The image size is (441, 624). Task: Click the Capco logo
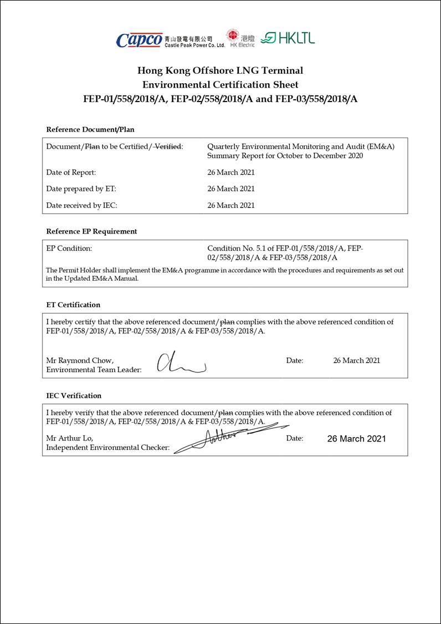[x=139, y=40]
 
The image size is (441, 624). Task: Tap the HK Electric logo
[x=240, y=38]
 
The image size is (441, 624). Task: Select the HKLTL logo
[x=288, y=38]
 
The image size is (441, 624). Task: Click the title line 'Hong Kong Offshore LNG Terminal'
[x=220, y=70]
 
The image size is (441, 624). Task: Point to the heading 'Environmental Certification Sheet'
[x=220, y=85]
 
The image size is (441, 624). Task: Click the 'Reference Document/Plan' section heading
[x=90, y=129]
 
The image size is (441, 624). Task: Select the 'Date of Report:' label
[x=71, y=173]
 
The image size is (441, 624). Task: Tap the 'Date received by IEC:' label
[x=81, y=205]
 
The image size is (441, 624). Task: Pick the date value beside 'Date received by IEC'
[x=231, y=205]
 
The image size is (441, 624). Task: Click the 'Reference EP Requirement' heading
[x=91, y=231]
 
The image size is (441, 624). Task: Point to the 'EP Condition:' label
[x=69, y=248]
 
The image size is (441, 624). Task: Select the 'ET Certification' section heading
[x=73, y=305]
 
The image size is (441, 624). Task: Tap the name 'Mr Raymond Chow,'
[x=80, y=361]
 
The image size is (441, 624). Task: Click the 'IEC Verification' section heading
[x=74, y=395]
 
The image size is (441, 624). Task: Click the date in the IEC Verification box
[x=356, y=439]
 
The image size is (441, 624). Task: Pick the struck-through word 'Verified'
[x=168, y=146]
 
